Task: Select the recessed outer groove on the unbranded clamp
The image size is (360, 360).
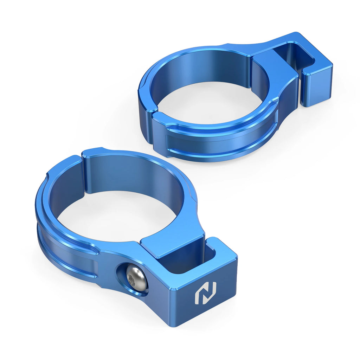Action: [x=218, y=141]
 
